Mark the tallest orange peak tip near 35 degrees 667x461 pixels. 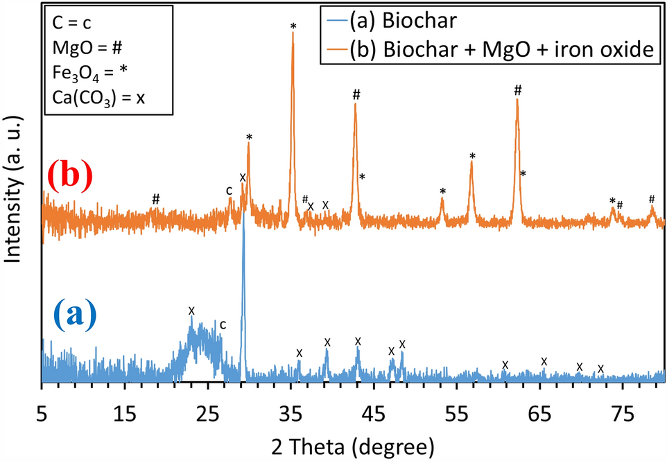(293, 33)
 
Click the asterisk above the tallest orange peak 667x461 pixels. (293, 26)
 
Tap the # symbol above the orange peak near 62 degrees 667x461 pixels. (517, 90)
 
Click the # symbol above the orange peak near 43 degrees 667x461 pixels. (356, 94)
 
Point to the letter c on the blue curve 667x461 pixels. (223, 324)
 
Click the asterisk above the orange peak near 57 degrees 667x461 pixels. (472, 157)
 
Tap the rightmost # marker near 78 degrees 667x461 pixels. (652, 199)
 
